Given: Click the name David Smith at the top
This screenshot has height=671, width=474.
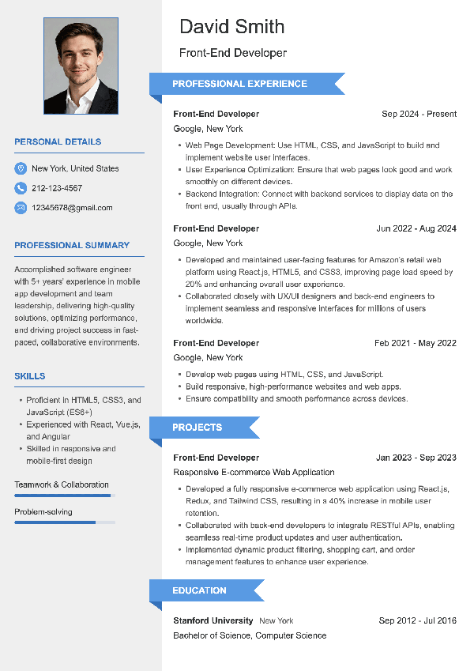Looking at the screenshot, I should coord(231,27).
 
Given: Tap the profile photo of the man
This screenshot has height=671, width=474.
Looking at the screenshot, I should coord(81,66).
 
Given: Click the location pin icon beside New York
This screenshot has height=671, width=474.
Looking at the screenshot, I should coord(21,168).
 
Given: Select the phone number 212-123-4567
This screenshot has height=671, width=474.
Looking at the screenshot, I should coord(57,188).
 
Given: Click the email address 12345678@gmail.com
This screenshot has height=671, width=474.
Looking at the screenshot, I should coord(72,208).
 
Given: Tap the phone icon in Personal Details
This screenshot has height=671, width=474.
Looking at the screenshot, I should coord(21,188).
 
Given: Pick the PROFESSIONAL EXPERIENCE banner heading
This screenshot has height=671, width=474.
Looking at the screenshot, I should coord(240,84).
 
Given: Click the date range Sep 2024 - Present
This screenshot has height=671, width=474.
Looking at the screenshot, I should coord(419,114).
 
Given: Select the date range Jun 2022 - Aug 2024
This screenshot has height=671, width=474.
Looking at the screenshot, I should coord(416,228).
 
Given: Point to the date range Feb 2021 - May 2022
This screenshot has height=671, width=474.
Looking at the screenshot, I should coord(416,343).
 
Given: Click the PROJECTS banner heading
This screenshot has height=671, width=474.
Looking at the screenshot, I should coord(197,428).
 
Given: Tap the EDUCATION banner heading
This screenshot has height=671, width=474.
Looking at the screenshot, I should coord(200,590).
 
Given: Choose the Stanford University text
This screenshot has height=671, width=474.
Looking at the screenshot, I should coord(213,620).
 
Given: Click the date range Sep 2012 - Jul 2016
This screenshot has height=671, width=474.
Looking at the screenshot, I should coord(417,620).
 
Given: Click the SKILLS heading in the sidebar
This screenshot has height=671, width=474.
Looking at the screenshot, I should coord(30,376).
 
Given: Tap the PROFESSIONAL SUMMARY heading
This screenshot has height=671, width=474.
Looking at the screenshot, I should coord(72,246).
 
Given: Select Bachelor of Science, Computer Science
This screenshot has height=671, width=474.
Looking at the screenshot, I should coord(250,635).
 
